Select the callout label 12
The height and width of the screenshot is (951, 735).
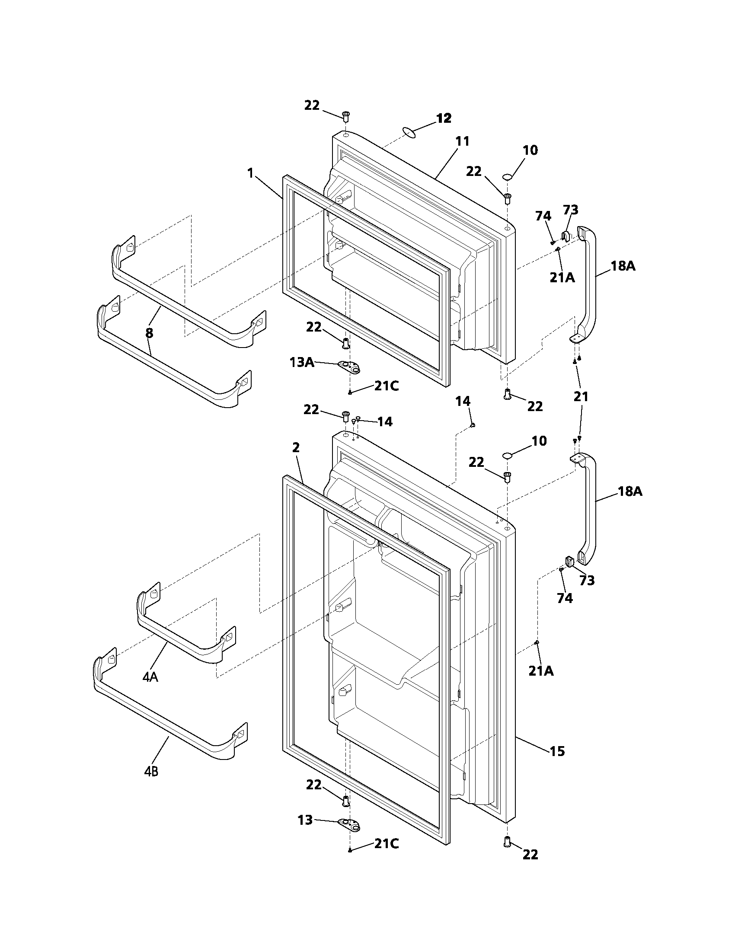pyautogui.click(x=444, y=118)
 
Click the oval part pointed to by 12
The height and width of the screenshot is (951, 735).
pyautogui.click(x=410, y=132)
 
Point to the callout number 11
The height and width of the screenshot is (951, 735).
pyautogui.click(x=463, y=141)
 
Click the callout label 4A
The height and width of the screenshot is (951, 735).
pyautogui.click(x=150, y=677)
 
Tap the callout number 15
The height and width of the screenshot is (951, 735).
pyautogui.click(x=557, y=751)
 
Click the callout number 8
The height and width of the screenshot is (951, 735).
pyautogui.click(x=149, y=334)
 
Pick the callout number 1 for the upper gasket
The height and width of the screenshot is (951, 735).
pyautogui.click(x=250, y=173)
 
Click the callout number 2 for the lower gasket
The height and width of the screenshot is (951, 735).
pyautogui.click(x=296, y=448)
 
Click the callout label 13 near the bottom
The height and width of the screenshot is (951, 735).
pyautogui.click(x=305, y=820)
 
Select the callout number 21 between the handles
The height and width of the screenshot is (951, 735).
pyautogui.click(x=581, y=396)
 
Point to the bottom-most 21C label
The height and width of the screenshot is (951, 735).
pyautogui.click(x=387, y=856)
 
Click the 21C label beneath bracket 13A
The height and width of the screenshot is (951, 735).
pyautogui.click(x=387, y=386)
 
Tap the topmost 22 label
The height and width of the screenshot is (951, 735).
pyautogui.click(x=311, y=105)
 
